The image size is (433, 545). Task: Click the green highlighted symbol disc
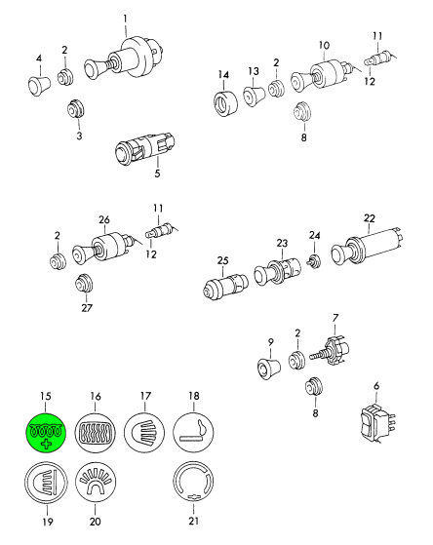pyautogui.click(x=46, y=433)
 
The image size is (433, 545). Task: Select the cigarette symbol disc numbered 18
pyautogui.click(x=193, y=433)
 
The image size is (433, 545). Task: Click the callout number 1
pyautogui.click(x=125, y=19)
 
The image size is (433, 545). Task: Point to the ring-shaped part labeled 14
pyautogui.click(x=225, y=103)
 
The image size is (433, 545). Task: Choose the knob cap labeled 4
pyautogui.click(x=39, y=84)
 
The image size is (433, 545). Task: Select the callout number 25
pyautogui.click(x=223, y=260)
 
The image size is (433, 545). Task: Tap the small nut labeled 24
pyautogui.click(x=314, y=260)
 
